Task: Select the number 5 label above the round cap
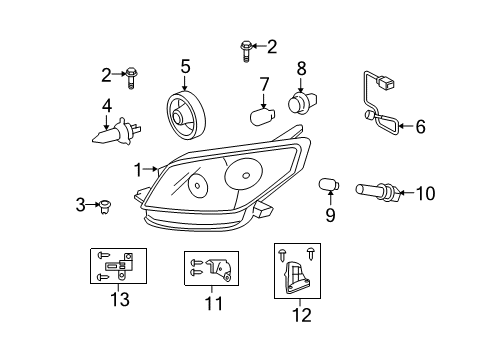[185, 67]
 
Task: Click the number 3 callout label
[80, 205]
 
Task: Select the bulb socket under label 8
[300, 102]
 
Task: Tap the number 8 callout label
[300, 68]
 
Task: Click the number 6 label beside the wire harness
[420, 127]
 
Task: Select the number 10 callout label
[425, 192]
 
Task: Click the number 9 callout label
[330, 214]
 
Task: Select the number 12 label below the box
[300, 315]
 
